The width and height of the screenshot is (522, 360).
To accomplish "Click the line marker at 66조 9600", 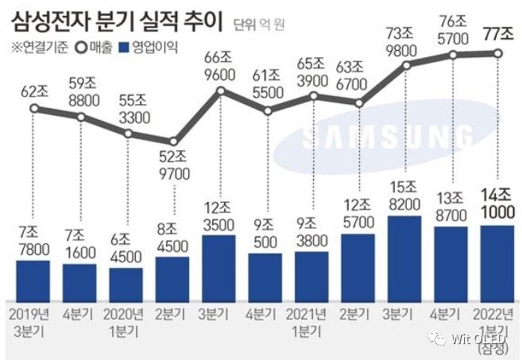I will point(219,91).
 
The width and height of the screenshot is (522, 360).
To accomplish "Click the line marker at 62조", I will point(33,106).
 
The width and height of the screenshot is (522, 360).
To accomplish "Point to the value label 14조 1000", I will point(498,204).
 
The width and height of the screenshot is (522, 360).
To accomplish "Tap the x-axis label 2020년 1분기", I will point(126,317).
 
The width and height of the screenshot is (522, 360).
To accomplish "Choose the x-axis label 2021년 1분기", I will point(311,317).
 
